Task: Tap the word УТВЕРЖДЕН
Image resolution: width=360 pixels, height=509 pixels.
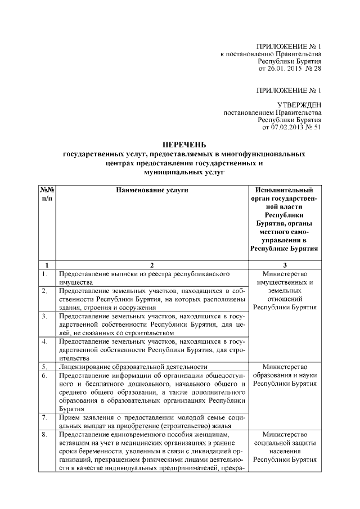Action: [x=300, y=105]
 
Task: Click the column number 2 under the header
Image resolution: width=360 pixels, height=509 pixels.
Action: [x=152, y=264]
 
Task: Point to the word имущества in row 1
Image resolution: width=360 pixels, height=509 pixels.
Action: [x=75, y=282]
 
